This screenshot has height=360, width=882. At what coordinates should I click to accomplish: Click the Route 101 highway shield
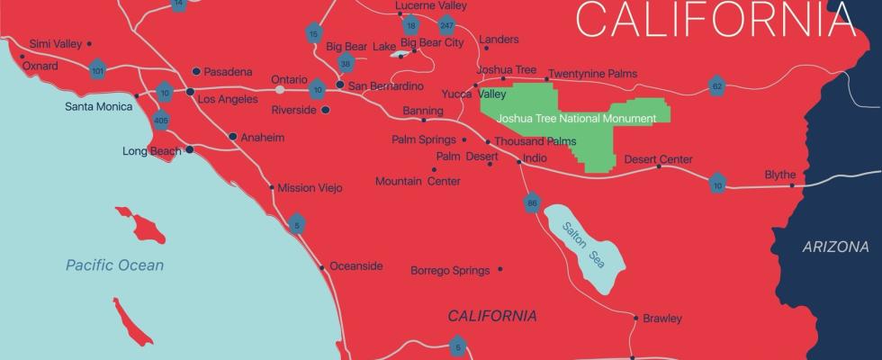coord(98,68)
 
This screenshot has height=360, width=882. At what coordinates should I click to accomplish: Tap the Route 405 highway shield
coord(162,119)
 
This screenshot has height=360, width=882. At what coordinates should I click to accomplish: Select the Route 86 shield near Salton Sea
coord(532,203)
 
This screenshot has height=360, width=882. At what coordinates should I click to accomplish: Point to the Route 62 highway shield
coord(716,86)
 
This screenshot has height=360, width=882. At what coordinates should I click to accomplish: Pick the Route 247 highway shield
coord(446,25)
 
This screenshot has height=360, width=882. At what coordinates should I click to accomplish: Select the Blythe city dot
coord(793,185)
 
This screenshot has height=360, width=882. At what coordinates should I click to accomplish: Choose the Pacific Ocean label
coord(114,265)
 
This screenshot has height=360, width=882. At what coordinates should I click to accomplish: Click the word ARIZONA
coord(836,247)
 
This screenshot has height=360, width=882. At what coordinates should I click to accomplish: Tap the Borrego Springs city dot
coord(500,269)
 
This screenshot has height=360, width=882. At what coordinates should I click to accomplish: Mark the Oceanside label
coord(356,265)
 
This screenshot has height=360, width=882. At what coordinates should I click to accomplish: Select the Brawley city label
coord(661,318)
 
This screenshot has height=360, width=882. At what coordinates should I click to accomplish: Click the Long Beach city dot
coord(189,150)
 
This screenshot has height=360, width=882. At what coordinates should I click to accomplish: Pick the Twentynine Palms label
coord(592,73)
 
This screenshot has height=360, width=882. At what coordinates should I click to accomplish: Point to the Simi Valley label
coord(55,43)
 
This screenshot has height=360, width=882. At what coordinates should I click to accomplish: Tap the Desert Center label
coord(658,159)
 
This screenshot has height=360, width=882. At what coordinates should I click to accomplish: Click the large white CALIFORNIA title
coord(715,20)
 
